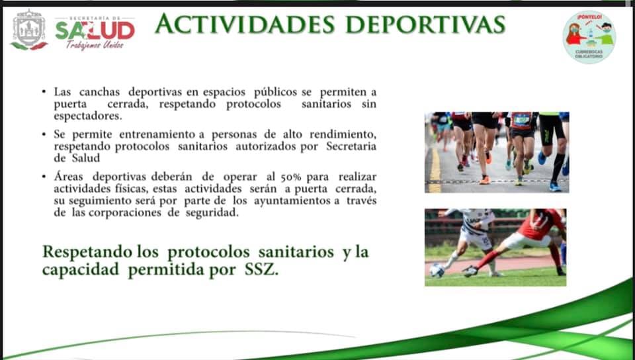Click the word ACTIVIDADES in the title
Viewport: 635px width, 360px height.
click(245, 24)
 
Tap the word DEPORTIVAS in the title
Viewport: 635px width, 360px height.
click(425, 24)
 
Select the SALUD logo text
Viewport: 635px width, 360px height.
click(95, 30)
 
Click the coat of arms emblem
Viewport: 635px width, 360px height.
click(28, 30)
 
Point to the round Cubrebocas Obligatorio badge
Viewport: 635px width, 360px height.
click(589, 37)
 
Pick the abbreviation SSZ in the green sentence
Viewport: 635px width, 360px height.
click(261, 271)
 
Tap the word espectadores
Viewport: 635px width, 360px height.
click(87, 116)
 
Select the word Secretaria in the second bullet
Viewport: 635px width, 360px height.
click(351, 146)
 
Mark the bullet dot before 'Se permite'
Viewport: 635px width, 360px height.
click(44, 134)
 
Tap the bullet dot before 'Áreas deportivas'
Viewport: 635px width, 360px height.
click(44, 177)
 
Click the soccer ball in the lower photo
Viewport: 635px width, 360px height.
click(437, 271)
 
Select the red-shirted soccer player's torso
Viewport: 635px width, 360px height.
click(537, 225)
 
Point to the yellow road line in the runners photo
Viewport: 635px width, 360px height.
click(435, 170)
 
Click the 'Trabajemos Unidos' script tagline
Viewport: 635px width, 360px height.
click(95, 45)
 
